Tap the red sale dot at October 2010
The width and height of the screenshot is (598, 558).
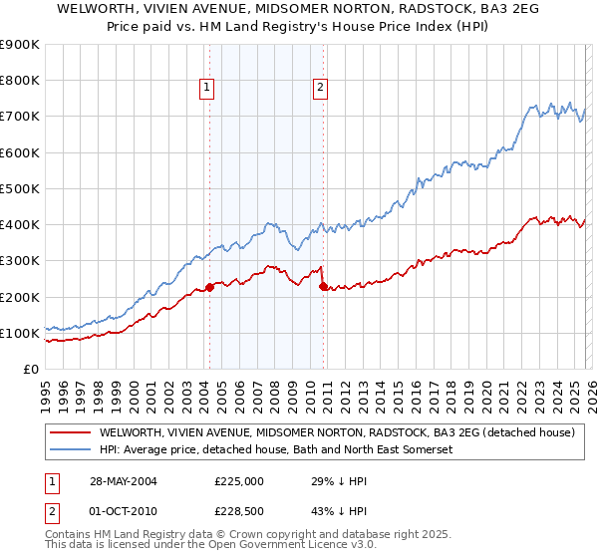point(323,287)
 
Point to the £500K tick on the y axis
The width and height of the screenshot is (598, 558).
point(21,188)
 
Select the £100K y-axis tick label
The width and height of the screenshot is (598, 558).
point(21,333)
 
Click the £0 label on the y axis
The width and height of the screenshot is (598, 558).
point(30,370)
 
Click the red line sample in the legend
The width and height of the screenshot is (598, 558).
point(69,433)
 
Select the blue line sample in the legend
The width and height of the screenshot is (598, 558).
point(69,450)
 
